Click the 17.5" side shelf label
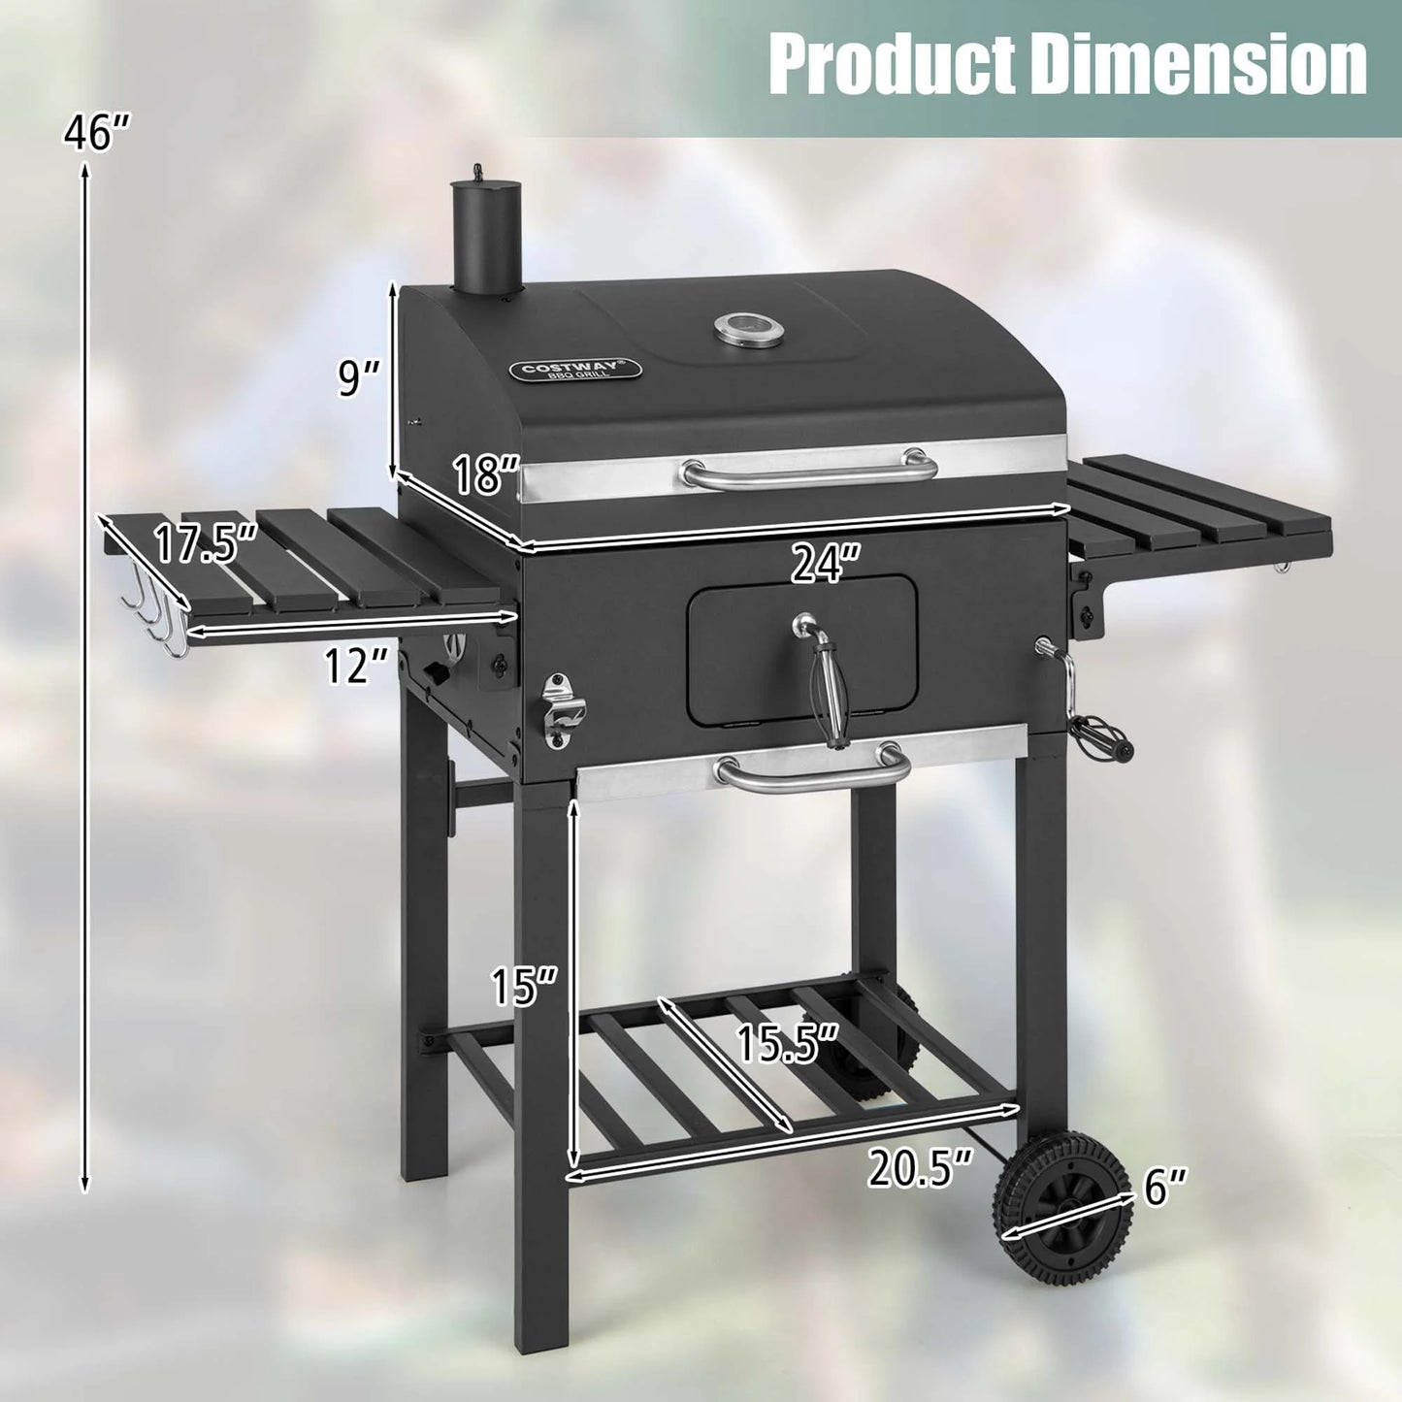tap(206, 543)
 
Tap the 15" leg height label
tap(523, 986)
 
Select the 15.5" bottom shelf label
tap(786, 1044)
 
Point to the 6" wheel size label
tap(1165, 1188)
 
